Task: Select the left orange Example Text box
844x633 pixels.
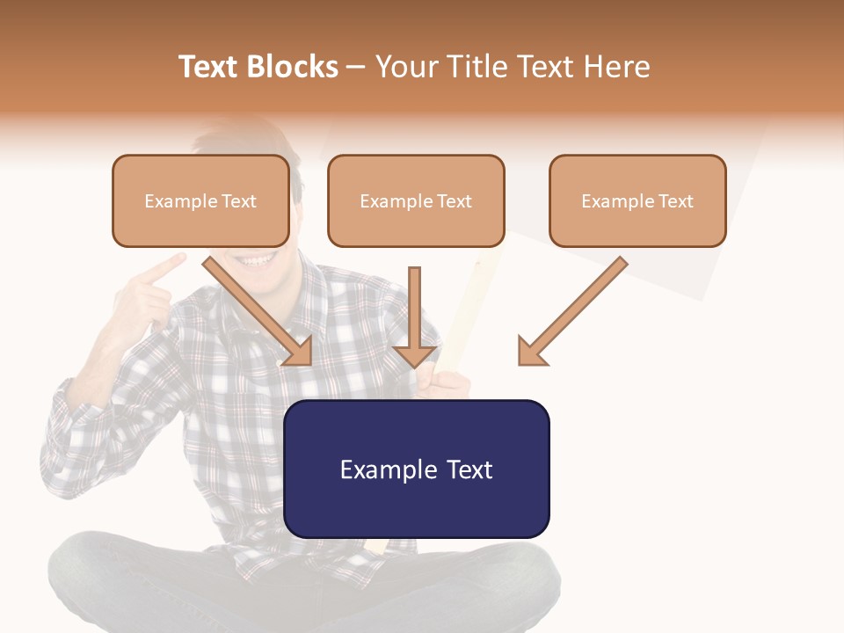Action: [x=200, y=201]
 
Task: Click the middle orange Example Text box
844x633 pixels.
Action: [x=416, y=201]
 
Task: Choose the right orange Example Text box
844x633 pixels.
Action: [x=637, y=201]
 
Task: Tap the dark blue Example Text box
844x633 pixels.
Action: [x=416, y=469]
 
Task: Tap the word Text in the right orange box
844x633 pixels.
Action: [x=675, y=201]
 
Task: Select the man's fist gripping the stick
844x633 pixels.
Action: [x=442, y=383]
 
